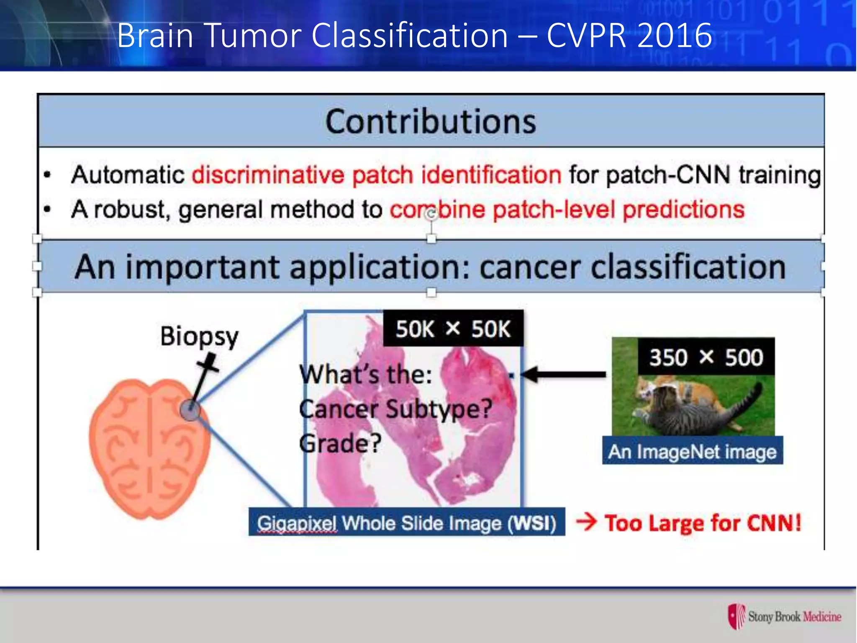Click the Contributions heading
tap(431, 122)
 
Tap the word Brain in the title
tap(155, 36)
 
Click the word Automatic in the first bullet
tap(128, 175)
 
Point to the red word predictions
tap(683, 209)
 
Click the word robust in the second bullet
tap(130, 209)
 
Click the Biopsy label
tap(199, 336)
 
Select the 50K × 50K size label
tap(453, 329)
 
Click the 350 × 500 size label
tap(706, 358)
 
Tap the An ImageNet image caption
tap(692, 452)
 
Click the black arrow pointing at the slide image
tap(563, 374)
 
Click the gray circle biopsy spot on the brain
tap(190, 410)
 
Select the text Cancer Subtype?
tap(395, 409)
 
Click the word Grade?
tap(340, 443)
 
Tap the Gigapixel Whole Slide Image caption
tap(406, 523)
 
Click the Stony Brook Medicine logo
tap(785, 616)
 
